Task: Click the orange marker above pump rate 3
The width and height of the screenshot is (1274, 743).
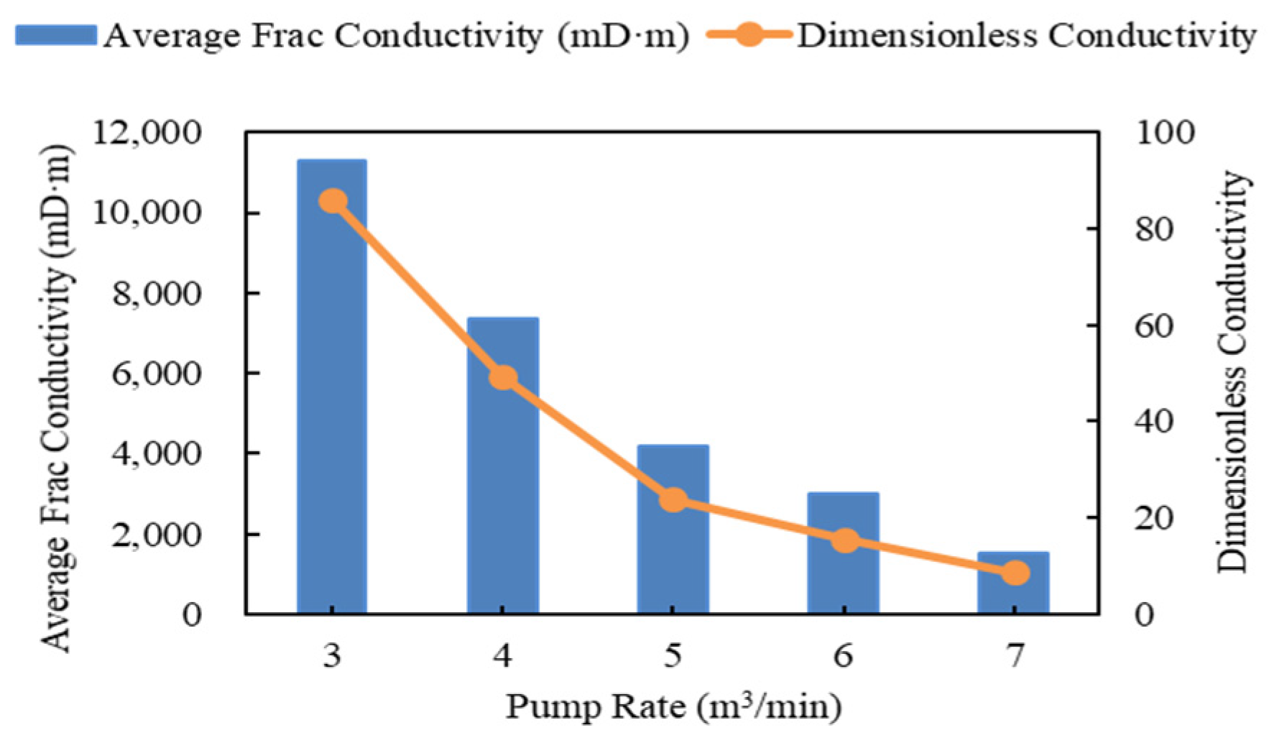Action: point(333,201)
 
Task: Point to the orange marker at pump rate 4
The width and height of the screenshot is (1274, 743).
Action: point(504,378)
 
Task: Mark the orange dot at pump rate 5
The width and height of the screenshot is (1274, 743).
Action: point(674,500)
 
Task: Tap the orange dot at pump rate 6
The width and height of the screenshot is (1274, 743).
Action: point(845,541)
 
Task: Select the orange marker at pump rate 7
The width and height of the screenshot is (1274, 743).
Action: point(1015,573)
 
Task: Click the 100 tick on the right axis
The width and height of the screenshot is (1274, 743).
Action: point(1164,133)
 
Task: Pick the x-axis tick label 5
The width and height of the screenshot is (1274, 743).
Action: point(673,656)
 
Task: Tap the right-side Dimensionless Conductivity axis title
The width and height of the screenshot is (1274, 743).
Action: point(1232,372)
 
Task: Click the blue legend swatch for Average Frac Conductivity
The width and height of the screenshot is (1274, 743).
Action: point(56,35)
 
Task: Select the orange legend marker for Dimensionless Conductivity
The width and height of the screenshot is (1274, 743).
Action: point(749,35)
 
